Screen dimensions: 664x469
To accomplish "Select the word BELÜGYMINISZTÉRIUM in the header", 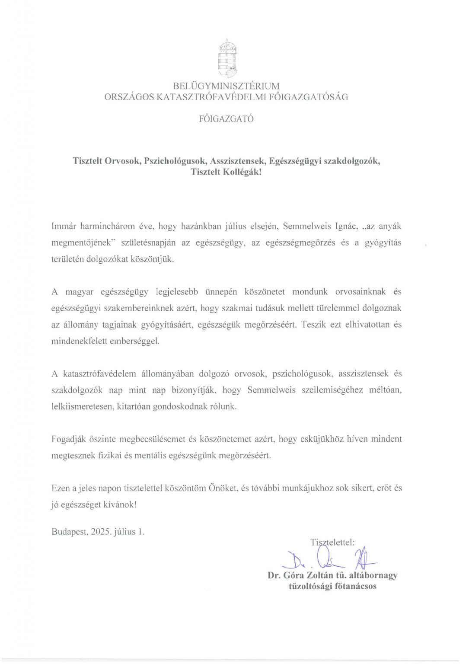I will (226, 86).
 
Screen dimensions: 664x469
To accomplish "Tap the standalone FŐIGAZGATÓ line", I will (226, 119).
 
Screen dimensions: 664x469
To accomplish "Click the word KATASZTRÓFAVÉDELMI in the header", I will (211, 97).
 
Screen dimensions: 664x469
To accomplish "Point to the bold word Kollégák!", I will (242, 172).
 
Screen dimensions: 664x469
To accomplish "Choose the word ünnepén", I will (221, 292).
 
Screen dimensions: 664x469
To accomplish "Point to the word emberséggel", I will (134, 341).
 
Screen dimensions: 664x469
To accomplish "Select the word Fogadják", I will (69, 439).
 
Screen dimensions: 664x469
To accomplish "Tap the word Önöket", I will (223, 488).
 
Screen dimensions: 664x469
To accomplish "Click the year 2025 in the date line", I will (101, 532).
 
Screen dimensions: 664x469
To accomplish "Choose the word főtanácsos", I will (356, 587).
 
